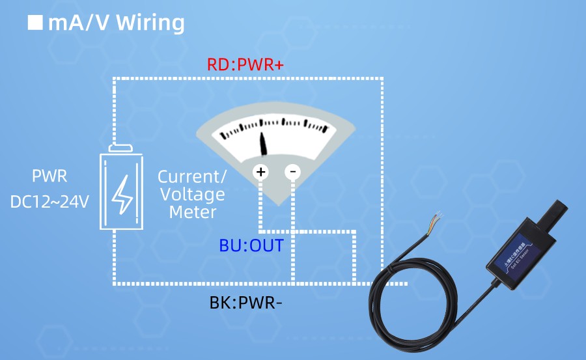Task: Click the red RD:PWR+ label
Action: [245, 65]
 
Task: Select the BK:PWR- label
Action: [245, 303]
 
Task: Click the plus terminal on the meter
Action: [260, 172]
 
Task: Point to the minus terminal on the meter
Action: [292, 172]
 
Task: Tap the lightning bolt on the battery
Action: [122, 193]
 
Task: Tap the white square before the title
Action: [35, 23]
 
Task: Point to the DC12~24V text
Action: [49, 202]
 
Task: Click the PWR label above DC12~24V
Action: [49, 176]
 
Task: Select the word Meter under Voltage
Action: [193, 212]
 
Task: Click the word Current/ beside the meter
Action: [193, 176]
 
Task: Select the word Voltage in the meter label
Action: [193, 194]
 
